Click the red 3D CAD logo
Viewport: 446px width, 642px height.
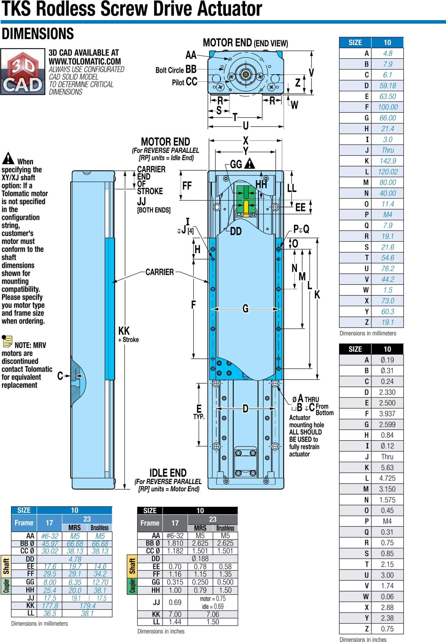click(23, 71)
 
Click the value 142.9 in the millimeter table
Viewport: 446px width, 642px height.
click(387, 161)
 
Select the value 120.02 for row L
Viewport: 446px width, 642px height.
click(387, 172)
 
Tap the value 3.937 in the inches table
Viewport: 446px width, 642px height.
click(387, 414)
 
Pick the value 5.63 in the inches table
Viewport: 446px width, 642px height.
click(387, 467)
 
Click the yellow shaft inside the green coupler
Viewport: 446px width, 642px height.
click(246, 208)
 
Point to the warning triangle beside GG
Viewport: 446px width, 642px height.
click(249, 164)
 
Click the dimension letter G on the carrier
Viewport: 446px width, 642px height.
click(245, 309)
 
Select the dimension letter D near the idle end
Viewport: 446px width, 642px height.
click(245, 409)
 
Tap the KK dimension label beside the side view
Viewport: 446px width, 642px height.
click(124, 331)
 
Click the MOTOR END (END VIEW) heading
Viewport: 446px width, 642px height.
click(245, 43)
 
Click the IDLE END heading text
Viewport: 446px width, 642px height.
click(168, 473)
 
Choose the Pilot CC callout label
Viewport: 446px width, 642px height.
click(185, 82)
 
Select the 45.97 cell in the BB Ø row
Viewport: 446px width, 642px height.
click(49, 544)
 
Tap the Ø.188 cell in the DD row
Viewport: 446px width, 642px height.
click(200, 559)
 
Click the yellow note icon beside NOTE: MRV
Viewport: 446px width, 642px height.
click(7, 341)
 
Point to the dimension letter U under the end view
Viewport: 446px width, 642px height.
click(246, 126)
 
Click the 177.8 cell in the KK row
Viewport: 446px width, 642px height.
click(50, 606)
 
